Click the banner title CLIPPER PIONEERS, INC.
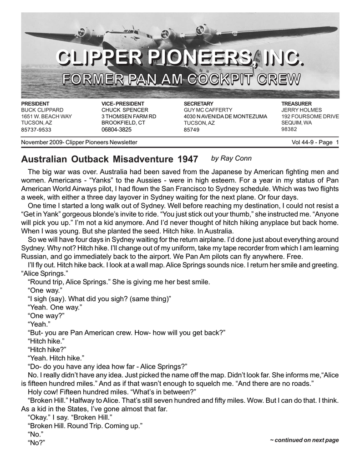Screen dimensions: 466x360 (x=179, y=58)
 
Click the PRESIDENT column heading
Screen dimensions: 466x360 (x=35, y=104)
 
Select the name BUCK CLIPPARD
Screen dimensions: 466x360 (x=42, y=110)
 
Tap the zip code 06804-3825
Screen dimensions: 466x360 (x=116, y=130)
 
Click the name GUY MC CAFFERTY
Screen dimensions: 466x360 (x=208, y=110)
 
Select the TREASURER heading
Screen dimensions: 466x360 (x=296, y=104)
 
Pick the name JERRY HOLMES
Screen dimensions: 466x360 (x=301, y=110)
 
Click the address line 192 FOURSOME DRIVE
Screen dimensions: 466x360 (x=310, y=116)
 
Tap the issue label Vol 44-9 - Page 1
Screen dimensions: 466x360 (x=315, y=142)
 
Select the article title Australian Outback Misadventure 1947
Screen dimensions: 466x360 (x=110, y=159)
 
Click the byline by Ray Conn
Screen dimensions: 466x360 (x=232, y=158)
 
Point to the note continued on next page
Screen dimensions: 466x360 (x=304, y=440)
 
